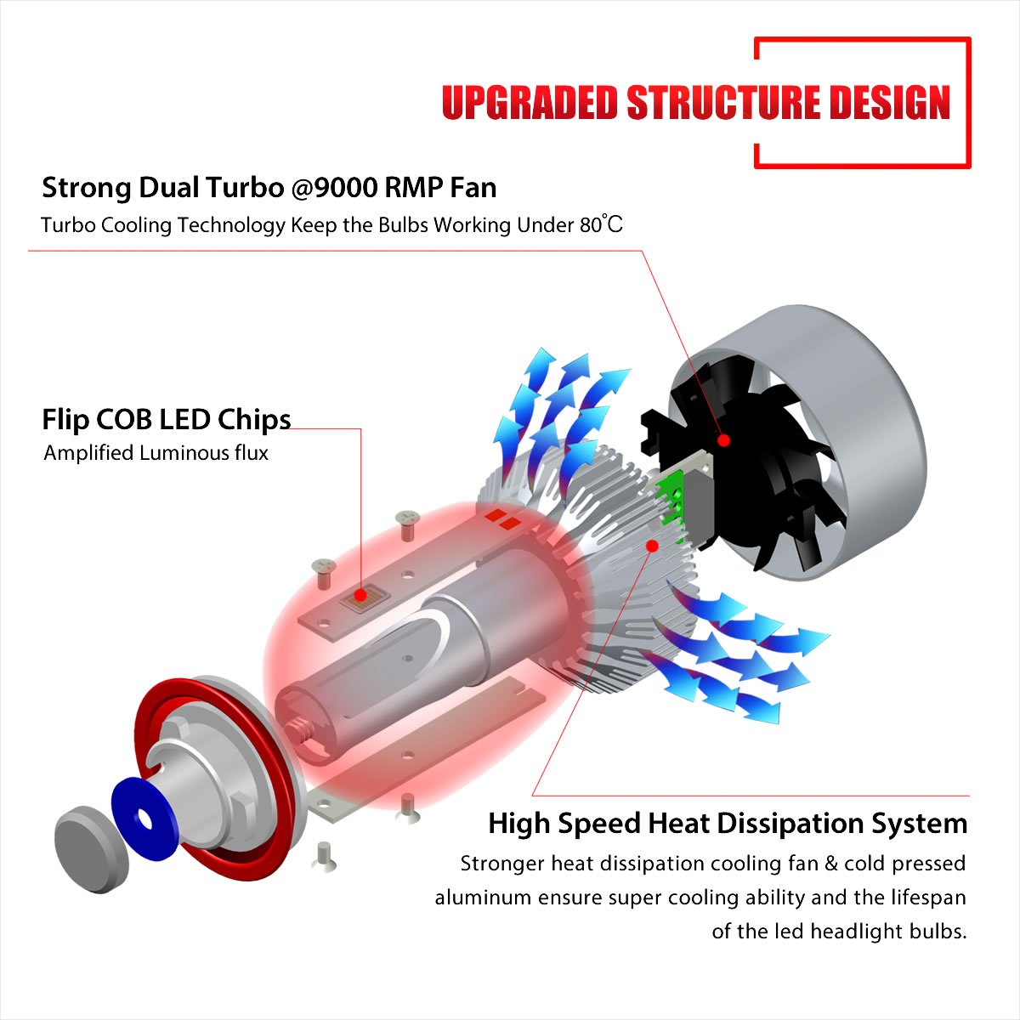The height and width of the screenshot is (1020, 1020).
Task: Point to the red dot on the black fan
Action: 723,440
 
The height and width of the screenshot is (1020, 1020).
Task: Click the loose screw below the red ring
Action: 324,855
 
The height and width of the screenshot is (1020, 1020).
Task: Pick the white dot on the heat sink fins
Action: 653,545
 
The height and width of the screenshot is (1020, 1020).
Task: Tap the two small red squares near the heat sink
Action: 501,518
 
